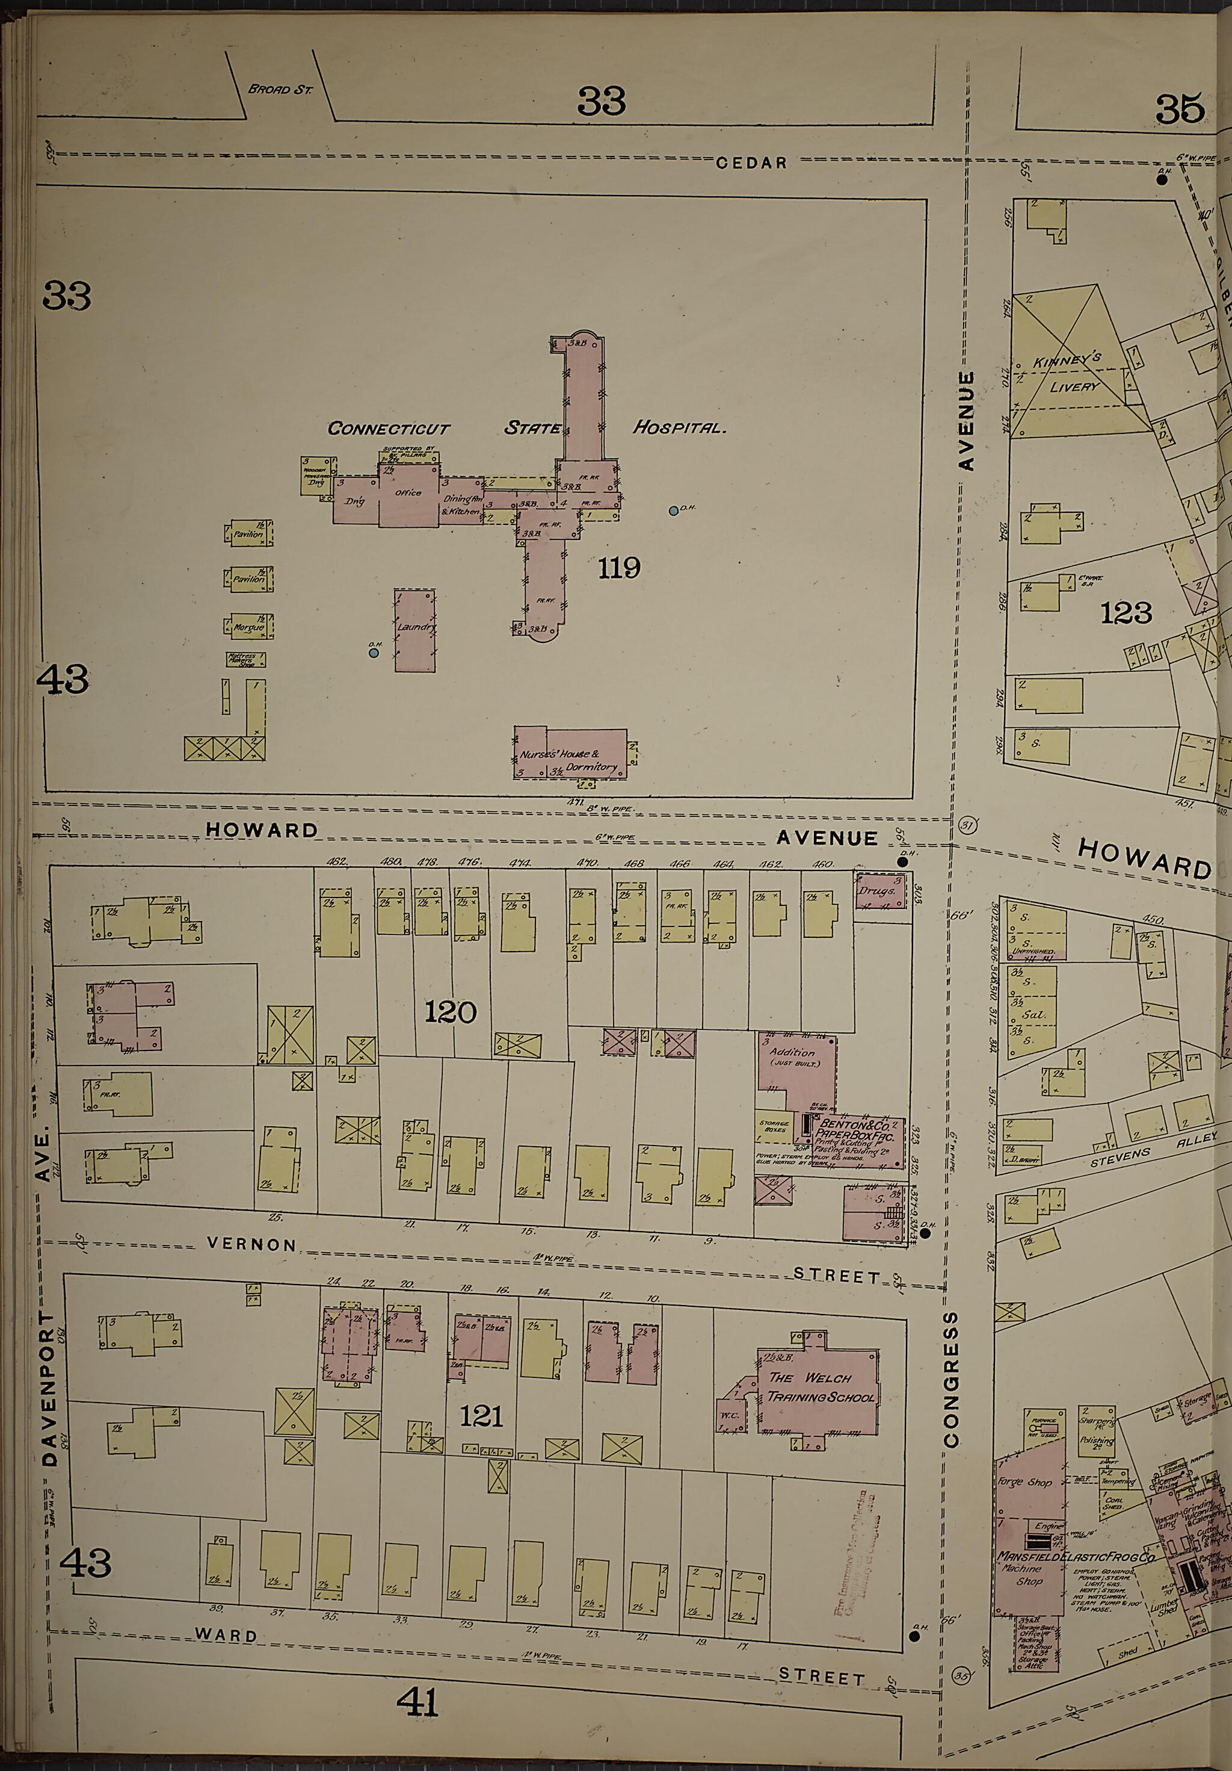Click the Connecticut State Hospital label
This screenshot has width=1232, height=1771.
click(526, 428)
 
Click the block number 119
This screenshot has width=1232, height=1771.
click(619, 568)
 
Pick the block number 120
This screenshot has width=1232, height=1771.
click(450, 1011)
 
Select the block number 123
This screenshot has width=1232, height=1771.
click(1126, 613)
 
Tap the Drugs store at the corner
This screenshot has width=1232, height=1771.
click(879, 891)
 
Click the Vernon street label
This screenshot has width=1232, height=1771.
click(251, 1245)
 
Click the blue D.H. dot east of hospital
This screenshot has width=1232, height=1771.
click(674, 510)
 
